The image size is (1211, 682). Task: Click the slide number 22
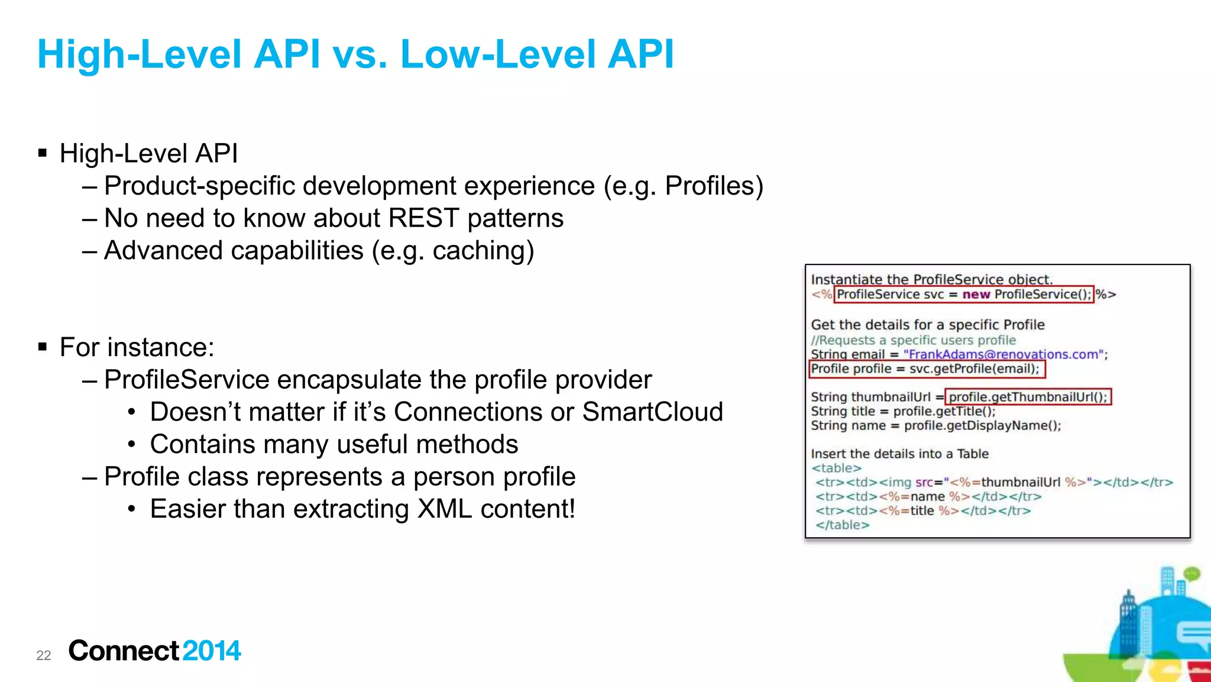click(43, 655)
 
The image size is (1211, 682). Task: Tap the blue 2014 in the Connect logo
click(211, 651)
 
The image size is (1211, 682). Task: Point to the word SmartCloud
click(652, 412)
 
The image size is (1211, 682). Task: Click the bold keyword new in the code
click(976, 295)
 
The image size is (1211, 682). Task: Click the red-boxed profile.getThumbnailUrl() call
click(1028, 397)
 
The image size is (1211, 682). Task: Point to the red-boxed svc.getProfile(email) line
click(926, 369)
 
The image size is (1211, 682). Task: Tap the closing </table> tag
click(842, 525)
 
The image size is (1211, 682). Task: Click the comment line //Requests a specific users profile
click(913, 340)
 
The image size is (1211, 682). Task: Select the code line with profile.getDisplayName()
click(935, 426)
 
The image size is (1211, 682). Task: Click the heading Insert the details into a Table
click(899, 454)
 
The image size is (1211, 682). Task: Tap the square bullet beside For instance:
click(42, 347)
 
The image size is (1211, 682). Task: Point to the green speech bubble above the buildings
click(1191, 573)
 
